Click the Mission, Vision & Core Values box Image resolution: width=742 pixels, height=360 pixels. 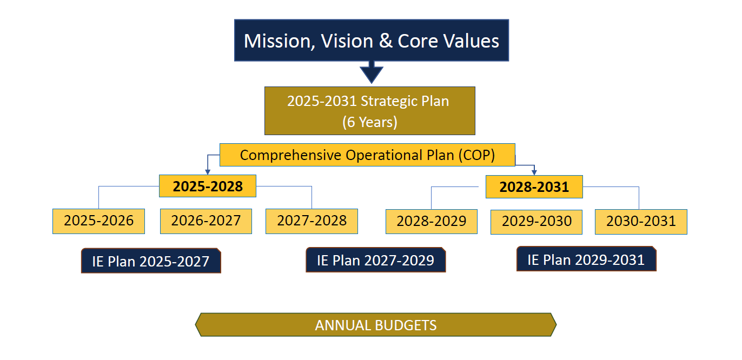[x=372, y=40]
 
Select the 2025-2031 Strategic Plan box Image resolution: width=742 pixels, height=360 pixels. [x=370, y=111]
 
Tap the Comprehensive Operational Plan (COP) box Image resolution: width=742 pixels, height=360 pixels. [x=367, y=155]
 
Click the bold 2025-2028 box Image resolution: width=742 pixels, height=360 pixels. [x=208, y=186]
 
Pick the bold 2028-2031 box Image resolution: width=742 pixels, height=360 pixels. [x=534, y=187]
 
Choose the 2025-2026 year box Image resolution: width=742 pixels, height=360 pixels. [x=99, y=221]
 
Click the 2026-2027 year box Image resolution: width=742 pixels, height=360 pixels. [x=206, y=221]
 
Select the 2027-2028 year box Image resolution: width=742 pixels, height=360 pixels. [x=312, y=221]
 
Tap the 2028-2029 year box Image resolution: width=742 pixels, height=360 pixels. [x=432, y=222]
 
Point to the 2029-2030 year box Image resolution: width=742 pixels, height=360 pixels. [x=536, y=222]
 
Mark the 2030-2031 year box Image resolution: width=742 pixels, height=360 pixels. [x=641, y=222]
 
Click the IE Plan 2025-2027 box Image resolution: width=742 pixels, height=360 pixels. [x=151, y=261]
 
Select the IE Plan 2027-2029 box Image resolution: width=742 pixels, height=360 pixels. [x=376, y=259]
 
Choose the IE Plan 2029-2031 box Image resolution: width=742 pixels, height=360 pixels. [x=586, y=259]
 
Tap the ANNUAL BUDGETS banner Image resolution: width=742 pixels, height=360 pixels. [x=376, y=325]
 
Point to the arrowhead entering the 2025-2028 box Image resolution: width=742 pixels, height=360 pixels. [x=208, y=172]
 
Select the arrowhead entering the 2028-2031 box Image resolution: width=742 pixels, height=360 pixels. [x=534, y=172]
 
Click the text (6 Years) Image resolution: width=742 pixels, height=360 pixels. [x=370, y=122]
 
